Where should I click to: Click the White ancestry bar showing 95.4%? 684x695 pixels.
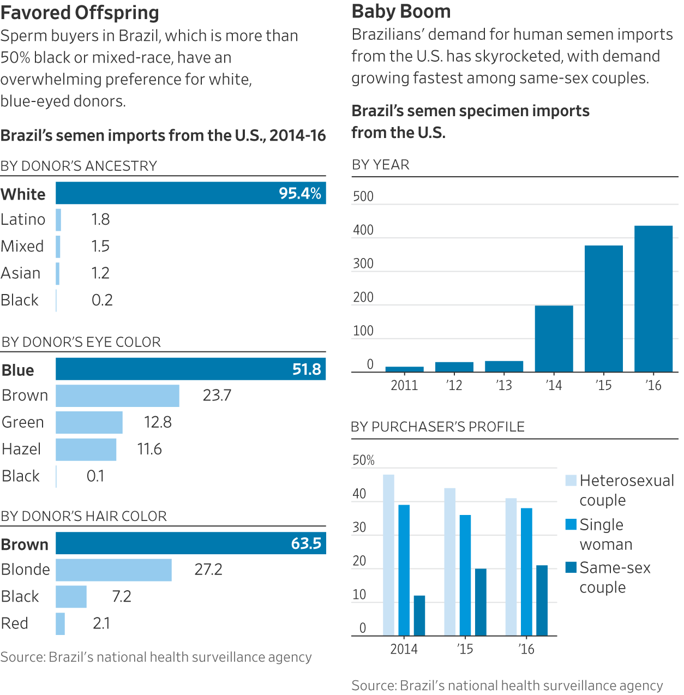coord(191,193)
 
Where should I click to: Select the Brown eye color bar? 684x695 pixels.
coord(117,396)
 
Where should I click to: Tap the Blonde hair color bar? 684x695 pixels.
coord(113,570)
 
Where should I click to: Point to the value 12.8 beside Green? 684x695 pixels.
coord(158,422)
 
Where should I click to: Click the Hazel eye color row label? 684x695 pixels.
coord(21,449)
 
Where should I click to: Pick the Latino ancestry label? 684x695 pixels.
coord(23,219)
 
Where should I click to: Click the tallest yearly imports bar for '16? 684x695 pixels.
coord(653,298)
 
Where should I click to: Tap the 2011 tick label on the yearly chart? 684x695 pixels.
coord(404,385)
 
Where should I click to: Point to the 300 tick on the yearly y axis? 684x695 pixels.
coord(363,264)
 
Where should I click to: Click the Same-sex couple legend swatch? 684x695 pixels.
coord(571,567)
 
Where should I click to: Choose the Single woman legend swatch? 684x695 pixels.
coord(571,524)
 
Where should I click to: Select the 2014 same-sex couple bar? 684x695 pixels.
coord(419,615)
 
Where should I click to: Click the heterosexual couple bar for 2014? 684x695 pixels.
coord(388,555)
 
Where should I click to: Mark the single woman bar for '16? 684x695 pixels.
coord(526,572)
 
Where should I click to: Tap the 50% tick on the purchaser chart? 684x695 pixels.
coord(363,460)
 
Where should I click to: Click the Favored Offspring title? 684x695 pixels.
coord(80,12)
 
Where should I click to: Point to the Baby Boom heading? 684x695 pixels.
coord(401,11)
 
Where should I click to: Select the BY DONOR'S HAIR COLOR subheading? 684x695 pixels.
coord(84,516)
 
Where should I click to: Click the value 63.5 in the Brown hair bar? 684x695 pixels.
coord(306,543)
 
